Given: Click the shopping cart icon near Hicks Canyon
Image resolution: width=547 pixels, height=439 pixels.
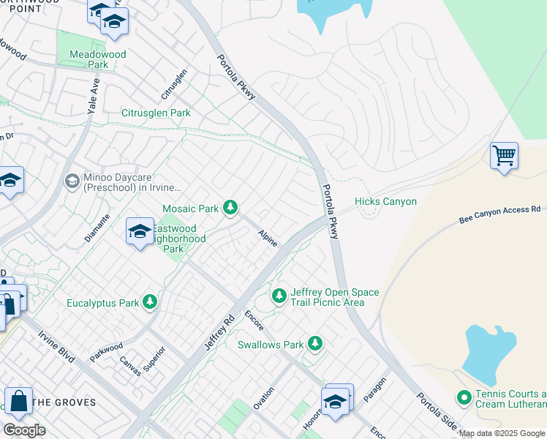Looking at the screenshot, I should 504,157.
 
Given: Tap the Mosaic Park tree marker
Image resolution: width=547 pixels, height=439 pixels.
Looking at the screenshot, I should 230,209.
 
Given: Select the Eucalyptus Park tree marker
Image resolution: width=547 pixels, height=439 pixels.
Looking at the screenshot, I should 150,302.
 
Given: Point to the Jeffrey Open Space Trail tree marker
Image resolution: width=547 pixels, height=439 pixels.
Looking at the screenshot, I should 279,296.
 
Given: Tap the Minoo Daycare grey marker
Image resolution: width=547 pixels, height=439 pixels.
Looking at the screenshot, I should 72,180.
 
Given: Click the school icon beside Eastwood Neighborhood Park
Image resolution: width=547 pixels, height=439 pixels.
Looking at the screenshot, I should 140,233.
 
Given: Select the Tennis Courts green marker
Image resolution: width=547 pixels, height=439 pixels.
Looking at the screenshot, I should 464,398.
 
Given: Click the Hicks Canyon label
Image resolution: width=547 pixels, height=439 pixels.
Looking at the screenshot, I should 385,202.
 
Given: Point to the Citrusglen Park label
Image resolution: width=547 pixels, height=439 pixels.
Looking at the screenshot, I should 156,113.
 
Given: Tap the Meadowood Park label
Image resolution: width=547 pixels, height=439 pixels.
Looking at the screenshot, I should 98,59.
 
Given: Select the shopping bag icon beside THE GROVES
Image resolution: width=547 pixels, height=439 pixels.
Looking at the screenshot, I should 18,402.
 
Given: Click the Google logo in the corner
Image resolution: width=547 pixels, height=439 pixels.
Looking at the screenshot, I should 24,429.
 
